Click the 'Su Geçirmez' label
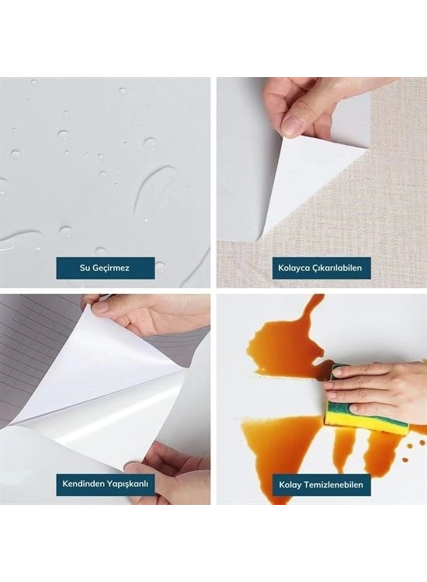pos(105,268)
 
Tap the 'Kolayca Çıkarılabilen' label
pos(320,268)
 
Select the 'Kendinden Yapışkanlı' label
pos(105,484)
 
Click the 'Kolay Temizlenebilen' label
pos(321,485)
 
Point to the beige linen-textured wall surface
pos(391,205)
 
